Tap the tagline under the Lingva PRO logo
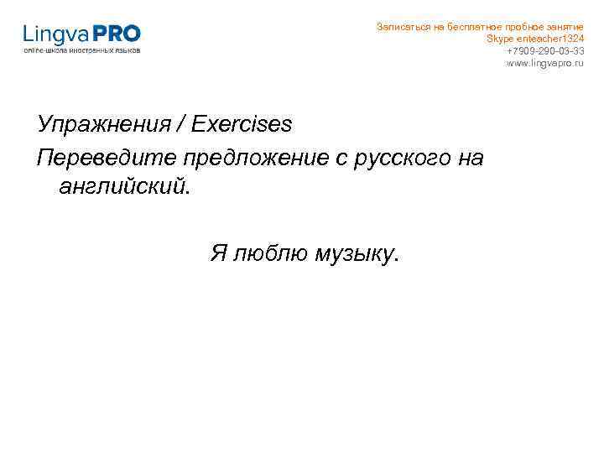pyautogui.click(x=82, y=51)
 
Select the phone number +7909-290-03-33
pyautogui.click(x=544, y=51)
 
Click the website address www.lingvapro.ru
pyautogui.click(x=544, y=64)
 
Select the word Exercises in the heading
pyautogui.click(x=242, y=125)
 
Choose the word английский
pyautogui.click(x=124, y=185)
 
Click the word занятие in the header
pyautogui.click(x=561, y=27)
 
